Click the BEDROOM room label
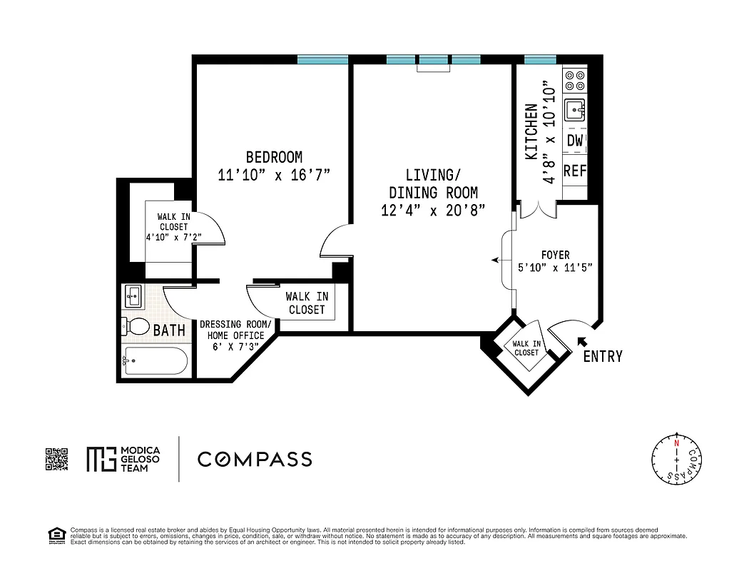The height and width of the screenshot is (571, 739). coord(274,157)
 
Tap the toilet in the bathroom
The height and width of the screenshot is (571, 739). coord(133,327)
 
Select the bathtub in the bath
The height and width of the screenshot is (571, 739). coord(156,361)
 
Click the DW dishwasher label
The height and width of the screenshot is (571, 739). coord(574,141)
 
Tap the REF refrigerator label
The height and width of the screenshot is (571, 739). coord(574,171)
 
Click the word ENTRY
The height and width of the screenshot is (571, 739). coord(603,356)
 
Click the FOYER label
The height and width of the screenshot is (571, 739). coord(555,255)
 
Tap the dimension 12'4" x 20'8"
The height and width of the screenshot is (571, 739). coord(433,211)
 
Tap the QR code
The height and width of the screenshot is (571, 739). coord(56,459)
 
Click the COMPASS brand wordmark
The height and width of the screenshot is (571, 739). coord(255,459)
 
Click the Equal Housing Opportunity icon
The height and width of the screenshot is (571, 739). coord(54,534)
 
